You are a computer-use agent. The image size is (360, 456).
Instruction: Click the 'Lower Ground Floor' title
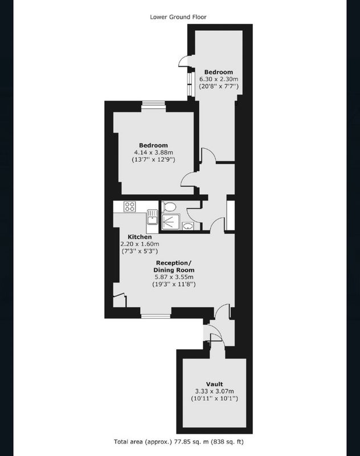[178, 17]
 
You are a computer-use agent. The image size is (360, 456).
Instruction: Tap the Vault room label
[214, 384]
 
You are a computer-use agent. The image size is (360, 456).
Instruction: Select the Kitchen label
[140, 237]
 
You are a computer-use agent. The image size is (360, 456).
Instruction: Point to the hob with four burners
[129, 207]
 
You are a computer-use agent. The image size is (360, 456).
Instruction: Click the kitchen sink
[152, 217]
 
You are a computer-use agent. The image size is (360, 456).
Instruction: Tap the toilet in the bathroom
[169, 207]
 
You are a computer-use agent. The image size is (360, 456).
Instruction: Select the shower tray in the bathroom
[171, 222]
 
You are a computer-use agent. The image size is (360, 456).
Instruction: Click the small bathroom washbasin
[189, 226]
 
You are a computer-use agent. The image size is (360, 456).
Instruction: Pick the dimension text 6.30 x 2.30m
[219, 79]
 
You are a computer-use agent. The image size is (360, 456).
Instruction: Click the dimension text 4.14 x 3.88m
[153, 152]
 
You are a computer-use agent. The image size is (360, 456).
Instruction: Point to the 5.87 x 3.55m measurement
[174, 277]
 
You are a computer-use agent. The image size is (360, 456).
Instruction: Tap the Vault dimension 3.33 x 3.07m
[214, 392]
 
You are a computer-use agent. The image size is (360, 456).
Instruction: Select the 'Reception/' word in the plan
[174, 263]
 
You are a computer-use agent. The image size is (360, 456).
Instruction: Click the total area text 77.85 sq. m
[191, 442]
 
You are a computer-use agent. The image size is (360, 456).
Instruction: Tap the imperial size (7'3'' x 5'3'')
[140, 251]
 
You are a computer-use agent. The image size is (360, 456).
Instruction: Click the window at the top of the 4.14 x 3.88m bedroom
[153, 106]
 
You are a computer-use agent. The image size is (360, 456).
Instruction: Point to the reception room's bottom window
[156, 312]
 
